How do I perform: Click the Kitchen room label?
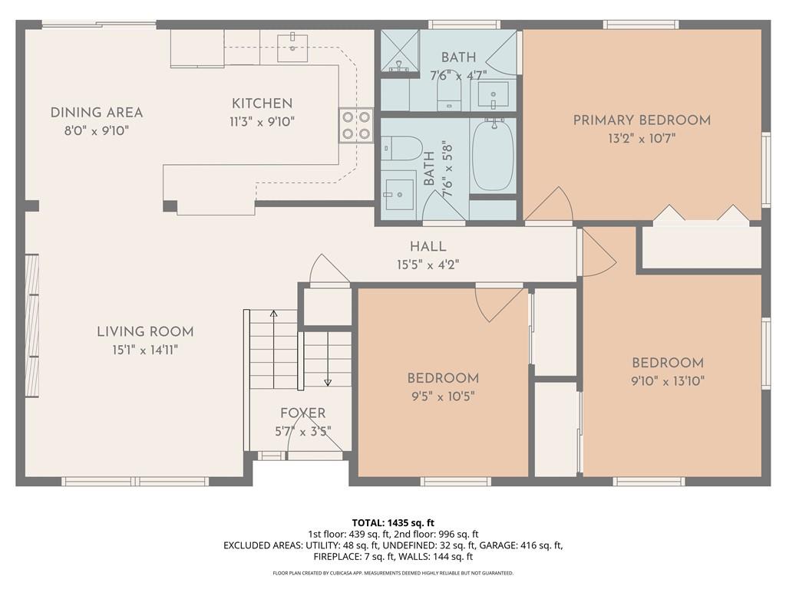(x=263, y=104)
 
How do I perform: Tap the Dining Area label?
(x=97, y=113)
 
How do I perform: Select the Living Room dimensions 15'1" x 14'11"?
(x=145, y=350)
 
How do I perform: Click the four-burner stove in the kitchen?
(x=356, y=126)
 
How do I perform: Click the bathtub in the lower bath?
(x=494, y=154)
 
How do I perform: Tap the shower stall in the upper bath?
(x=399, y=51)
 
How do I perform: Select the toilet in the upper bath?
(x=449, y=94)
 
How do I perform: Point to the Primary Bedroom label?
(x=642, y=120)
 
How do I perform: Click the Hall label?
(x=428, y=246)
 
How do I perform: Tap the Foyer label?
(x=302, y=413)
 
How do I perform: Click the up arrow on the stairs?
(x=274, y=349)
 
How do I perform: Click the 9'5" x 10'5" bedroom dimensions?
(x=443, y=397)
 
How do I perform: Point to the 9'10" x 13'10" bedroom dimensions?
(x=668, y=381)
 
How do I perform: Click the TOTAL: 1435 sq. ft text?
(x=393, y=523)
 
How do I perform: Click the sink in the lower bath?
(x=399, y=194)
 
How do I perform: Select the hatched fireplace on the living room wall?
(x=32, y=326)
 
